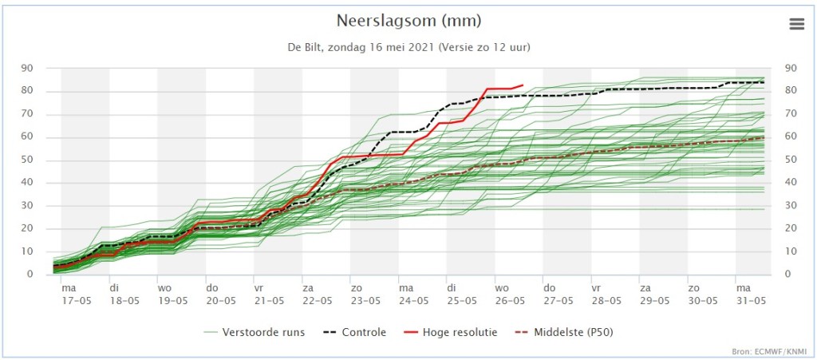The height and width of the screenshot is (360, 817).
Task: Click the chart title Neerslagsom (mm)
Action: tap(408, 22)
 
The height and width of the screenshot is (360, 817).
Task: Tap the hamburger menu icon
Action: tap(797, 24)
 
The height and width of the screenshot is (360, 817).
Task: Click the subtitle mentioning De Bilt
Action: tap(408, 47)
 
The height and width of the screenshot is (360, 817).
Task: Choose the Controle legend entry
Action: tap(357, 332)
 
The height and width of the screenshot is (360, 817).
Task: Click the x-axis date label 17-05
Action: tap(76, 301)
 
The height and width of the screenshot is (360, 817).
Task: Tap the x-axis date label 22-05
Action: tap(317, 301)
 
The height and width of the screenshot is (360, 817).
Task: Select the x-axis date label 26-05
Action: tap(510, 301)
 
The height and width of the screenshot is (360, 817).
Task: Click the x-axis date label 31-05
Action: tap(750, 301)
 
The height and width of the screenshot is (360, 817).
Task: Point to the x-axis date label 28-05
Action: tap(606, 301)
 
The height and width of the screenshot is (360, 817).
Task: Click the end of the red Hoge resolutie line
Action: tap(523, 85)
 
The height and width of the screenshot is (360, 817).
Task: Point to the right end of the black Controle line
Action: tap(764, 82)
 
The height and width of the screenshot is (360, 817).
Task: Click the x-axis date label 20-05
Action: tap(220, 301)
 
